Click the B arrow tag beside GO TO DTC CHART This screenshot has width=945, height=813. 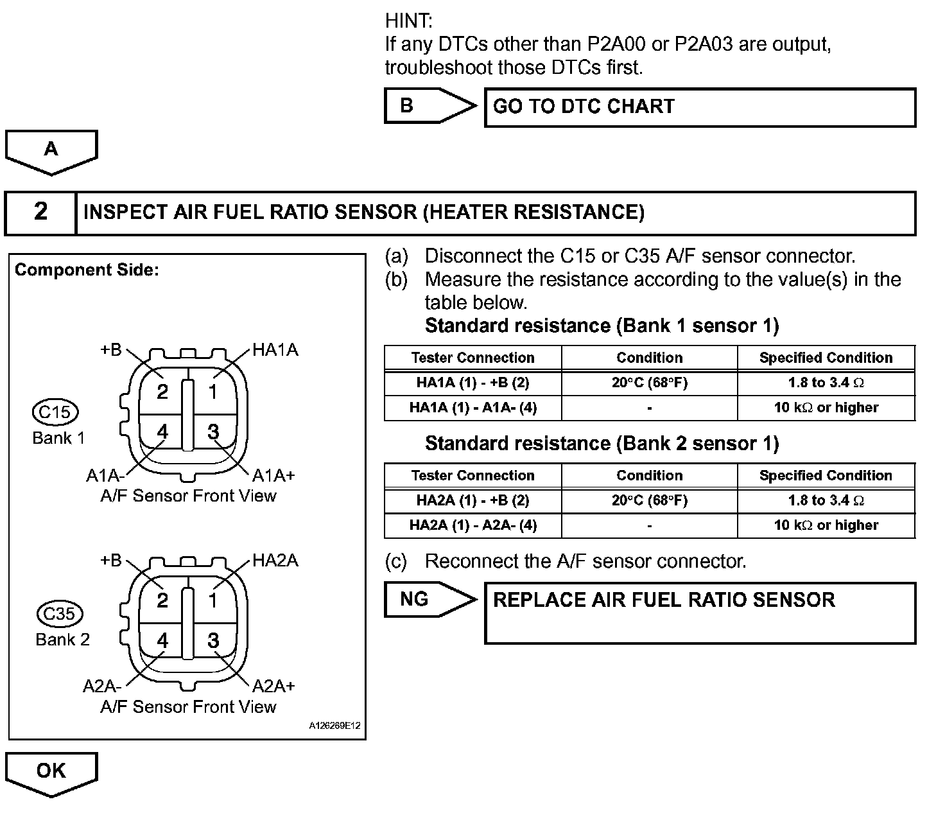(424, 106)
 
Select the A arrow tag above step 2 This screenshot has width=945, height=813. (51, 150)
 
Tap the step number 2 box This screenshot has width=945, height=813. (40, 212)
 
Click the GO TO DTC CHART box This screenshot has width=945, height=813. (700, 107)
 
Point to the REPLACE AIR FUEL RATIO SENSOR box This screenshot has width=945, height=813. (700, 613)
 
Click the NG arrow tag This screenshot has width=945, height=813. (424, 600)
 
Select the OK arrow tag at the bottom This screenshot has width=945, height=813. (51, 772)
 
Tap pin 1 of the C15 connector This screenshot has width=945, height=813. (212, 391)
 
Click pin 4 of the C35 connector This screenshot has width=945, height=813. (162, 640)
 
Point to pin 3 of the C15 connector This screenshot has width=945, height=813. (213, 432)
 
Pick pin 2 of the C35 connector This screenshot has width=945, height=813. (162, 600)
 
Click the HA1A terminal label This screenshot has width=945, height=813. (275, 350)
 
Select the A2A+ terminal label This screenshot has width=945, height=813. (273, 686)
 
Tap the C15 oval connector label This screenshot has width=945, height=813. (55, 412)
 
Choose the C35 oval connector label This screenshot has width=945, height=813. (59, 614)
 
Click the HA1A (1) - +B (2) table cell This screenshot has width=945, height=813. (473, 383)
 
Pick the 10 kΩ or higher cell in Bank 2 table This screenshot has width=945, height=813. (826, 525)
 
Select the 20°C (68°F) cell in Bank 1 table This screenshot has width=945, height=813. (649, 383)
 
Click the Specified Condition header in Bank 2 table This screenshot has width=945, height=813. (826, 475)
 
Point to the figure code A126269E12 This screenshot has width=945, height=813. (334, 726)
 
